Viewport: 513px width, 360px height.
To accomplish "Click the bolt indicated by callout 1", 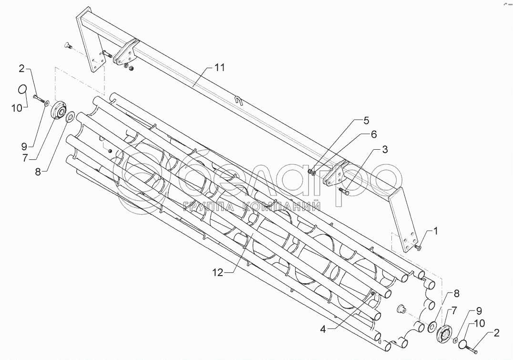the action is [x=418, y=247].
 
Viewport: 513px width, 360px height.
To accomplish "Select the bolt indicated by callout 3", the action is [x=344, y=192].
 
